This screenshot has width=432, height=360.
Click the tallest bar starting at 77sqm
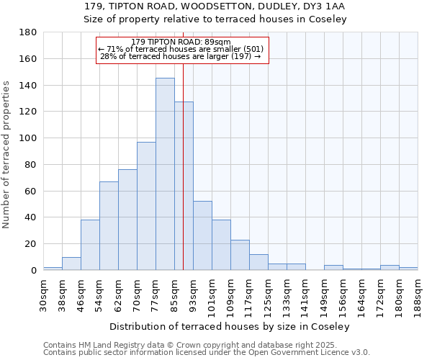click(165, 174)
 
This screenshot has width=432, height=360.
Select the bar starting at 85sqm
click(184, 186)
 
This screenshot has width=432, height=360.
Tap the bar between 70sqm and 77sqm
click(146, 206)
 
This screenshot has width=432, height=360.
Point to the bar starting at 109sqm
click(240, 255)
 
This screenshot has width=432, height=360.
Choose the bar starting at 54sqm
click(109, 226)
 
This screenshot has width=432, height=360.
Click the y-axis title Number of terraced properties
click(6, 155)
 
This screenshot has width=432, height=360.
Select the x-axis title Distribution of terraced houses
click(230, 326)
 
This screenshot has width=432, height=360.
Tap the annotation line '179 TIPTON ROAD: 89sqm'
click(181, 42)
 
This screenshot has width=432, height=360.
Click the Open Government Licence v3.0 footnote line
click(207, 353)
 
